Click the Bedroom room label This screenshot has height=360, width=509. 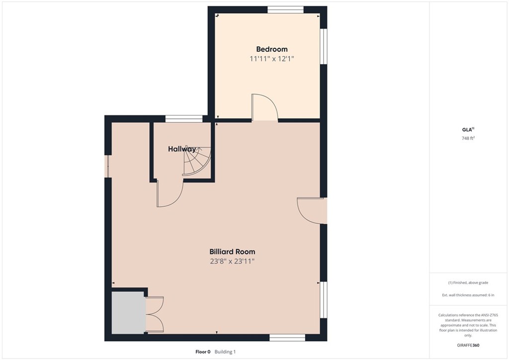[271, 49]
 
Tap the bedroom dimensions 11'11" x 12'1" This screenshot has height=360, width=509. [271, 59]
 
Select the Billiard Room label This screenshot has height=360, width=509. [232, 252]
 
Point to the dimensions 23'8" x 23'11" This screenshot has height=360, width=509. [232, 261]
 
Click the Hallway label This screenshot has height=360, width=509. [181, 149]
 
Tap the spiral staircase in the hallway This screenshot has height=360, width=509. [197, 162]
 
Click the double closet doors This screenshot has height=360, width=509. [155, 315]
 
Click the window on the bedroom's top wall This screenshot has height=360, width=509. [285, 9]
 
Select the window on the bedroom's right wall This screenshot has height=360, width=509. [324, 46]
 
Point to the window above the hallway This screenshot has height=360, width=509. [184, 118]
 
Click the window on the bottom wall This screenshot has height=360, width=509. [287, 338]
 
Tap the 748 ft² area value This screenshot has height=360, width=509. [468, 138]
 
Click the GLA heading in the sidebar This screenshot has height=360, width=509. [467, 129]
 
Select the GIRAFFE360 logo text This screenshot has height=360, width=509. [469, 345]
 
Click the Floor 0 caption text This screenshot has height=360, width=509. [203, 352]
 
